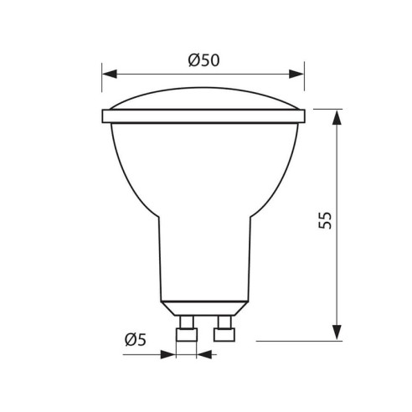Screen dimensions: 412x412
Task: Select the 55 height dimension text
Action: pyautogui.click(x=326, y=220)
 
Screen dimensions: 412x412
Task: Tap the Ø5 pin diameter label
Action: pyautogui.click(x=136, y=339)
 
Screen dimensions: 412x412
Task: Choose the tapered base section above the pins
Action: pyautogui.click(x=203, y=307)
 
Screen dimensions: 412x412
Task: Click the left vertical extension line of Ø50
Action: pyautogui.click(x=101, y=88)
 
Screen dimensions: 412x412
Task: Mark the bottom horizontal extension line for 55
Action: pyautogui.click(x=301, y=341)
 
